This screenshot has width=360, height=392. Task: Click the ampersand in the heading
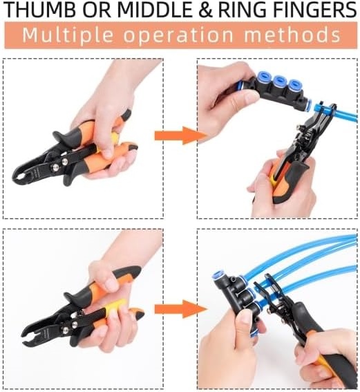coord(205,10)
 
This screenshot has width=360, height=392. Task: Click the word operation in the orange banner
coord(178,35)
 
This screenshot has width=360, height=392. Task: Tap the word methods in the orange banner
coord(292,35)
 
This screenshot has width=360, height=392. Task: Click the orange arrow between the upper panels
coord(180,136)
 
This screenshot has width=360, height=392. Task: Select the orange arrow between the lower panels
coord(180,309)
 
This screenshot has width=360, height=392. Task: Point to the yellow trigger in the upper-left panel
coord(114,138)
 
